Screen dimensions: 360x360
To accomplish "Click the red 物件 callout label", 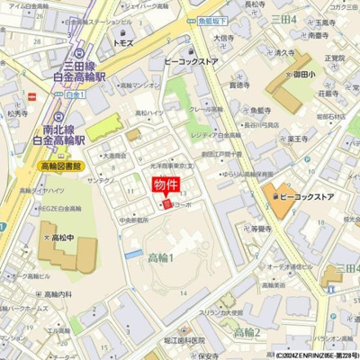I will point(166,185).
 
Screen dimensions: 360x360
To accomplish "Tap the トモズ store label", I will point(123,41).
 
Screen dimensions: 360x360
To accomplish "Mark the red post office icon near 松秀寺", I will point(32,95).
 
